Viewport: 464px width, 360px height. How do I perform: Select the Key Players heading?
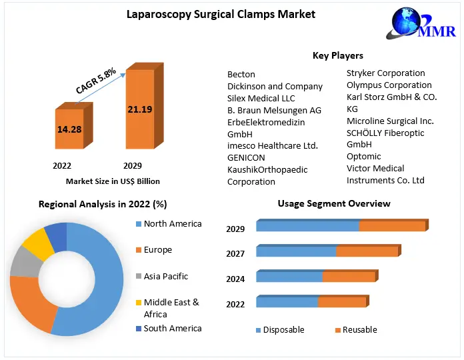(x=337, y=55)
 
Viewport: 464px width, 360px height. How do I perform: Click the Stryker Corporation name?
(x=385, y=73)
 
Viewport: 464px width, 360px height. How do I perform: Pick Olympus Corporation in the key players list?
(x=389, y=85)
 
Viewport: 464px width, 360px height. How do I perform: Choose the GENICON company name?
(x=246, y=157)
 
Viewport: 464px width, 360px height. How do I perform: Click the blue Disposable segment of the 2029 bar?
(x=307, y=225)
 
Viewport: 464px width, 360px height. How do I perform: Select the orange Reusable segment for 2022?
(x=341, y=301)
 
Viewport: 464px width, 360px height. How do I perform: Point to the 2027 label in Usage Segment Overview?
(x=235, y=253)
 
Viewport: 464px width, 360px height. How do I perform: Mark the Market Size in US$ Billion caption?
(x=113, y=181)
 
